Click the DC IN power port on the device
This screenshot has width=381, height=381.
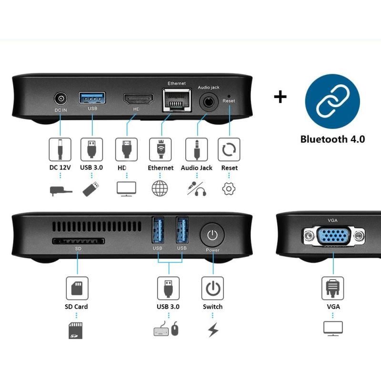(60, 99)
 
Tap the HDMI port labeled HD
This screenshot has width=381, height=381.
(139, 99)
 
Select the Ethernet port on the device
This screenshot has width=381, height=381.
(177, 100)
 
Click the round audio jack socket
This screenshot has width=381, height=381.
(209, 102)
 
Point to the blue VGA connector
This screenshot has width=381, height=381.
(334, 236)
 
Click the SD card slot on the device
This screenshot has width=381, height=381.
(79, 241)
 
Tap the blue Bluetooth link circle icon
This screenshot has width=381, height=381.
(332, 101)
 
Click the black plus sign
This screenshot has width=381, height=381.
(280, 97)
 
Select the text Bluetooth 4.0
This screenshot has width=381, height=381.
(332, 139)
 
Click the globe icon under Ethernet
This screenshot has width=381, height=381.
(160, 188)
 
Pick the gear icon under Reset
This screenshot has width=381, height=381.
(229, 189)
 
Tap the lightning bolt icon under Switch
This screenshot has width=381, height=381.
(213, 330)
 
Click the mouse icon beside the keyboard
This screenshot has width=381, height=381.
(175, 329)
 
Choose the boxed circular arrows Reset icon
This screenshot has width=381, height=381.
(229, 150)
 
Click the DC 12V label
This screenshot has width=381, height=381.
(60, 168)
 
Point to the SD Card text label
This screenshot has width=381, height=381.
(76, 307)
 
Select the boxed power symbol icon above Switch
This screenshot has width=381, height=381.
(212, 288)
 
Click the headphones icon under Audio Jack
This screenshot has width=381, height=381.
(201, 191)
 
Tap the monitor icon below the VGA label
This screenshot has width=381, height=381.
(333, 329)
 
